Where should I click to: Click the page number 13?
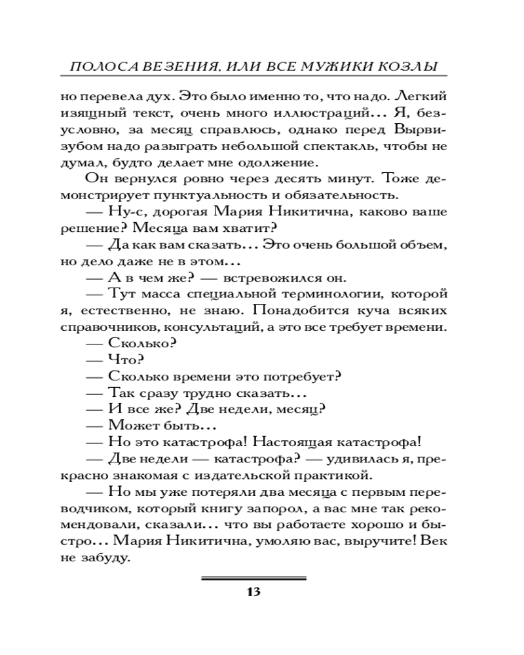click(x=253, y=592)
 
